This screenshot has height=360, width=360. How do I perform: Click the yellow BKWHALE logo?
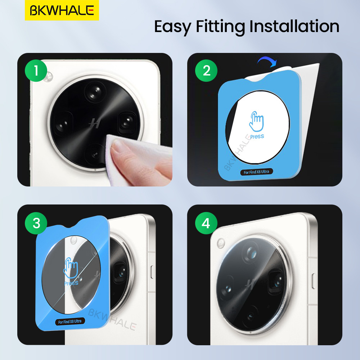pos(62,10)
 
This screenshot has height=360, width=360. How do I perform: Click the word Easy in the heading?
pos(172,27)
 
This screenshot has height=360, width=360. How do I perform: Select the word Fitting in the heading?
pos(220,27)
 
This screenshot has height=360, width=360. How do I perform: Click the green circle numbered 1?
pos(36,71)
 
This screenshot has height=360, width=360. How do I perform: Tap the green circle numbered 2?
pos(206,71)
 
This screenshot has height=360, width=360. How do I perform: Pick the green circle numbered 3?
pos(36,223)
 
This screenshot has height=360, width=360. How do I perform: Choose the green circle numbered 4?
pos(206,223)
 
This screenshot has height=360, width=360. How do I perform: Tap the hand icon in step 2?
pos(256,121)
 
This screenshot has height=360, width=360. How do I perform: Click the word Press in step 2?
pos(257,136)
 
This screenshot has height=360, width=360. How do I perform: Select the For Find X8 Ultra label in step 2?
pos(256,172)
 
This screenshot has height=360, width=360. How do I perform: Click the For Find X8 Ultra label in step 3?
pos(70,321)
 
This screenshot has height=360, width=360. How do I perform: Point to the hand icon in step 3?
pos(71,268)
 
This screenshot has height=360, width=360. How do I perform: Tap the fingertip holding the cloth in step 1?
pos(118,147)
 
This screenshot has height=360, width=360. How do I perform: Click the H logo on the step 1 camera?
pos(95,123)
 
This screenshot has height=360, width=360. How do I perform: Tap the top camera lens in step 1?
pos(95,91)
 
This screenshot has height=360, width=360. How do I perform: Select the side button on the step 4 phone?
pos(314,281)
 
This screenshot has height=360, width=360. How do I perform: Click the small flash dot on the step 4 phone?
pos(221,243)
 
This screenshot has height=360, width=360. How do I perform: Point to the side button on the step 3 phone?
pos(152,272)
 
